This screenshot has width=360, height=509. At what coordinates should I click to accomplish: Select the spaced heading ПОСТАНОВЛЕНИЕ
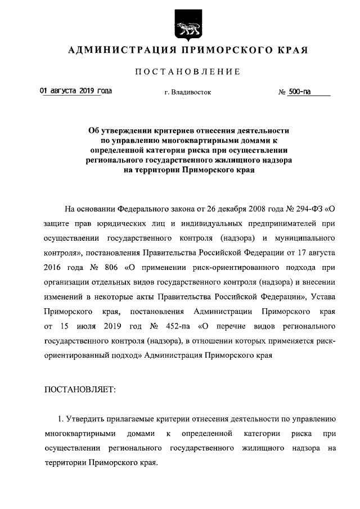(188, 71)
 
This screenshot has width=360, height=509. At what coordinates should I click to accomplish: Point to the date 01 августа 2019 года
(75, 90)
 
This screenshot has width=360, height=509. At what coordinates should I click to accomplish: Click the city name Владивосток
(192, 92)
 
